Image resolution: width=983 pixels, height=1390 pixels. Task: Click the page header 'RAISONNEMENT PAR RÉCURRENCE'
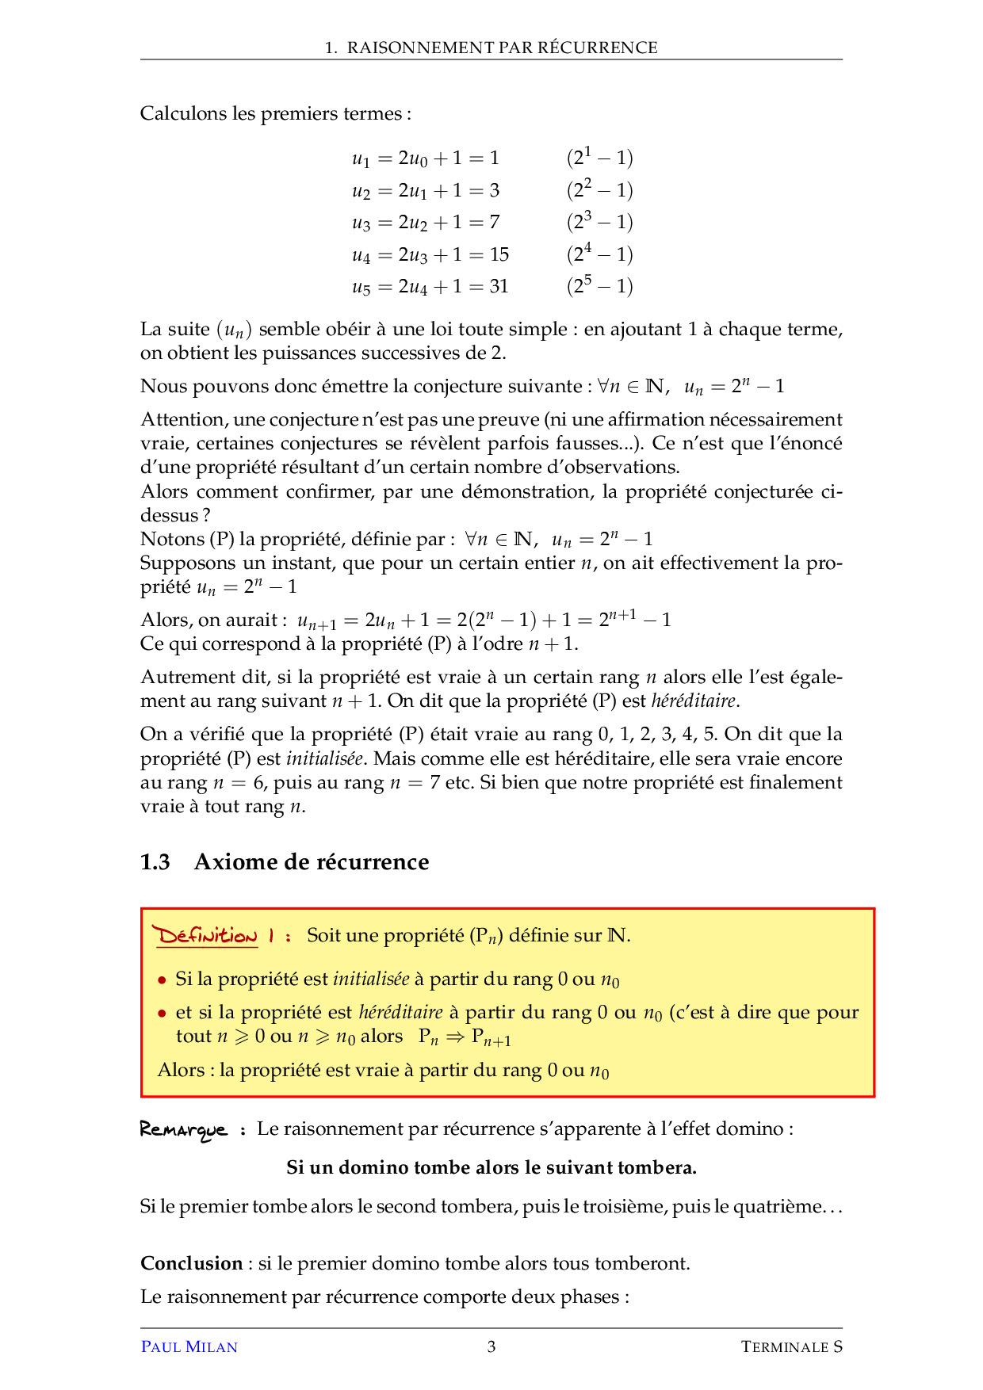502,48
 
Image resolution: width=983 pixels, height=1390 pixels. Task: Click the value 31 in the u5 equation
499,286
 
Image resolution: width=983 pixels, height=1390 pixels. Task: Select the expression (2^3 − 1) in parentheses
599,222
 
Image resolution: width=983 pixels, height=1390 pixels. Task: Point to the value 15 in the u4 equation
499,254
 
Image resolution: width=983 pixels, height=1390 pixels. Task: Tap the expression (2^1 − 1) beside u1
599,158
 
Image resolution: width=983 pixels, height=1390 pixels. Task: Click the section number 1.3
155,862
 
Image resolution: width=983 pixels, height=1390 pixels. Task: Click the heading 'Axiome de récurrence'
312,862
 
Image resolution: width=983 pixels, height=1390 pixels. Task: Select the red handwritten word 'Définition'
207,936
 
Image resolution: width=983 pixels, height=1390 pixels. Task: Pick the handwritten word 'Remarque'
183,1129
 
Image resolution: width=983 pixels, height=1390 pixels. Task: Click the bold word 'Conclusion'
192,1263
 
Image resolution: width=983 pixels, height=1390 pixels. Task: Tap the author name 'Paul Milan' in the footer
189,1346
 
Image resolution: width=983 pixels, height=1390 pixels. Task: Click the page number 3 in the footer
491,1346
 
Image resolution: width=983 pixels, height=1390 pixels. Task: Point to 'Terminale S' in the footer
791,1346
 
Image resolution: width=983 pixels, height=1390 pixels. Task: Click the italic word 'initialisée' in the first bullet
371,979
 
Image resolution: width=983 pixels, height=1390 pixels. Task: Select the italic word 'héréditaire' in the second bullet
400,1013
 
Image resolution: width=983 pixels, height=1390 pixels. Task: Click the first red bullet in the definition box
162,980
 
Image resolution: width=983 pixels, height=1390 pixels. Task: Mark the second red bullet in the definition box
162,1014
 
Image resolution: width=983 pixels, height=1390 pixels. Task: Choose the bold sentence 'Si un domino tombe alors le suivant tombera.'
491,1167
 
